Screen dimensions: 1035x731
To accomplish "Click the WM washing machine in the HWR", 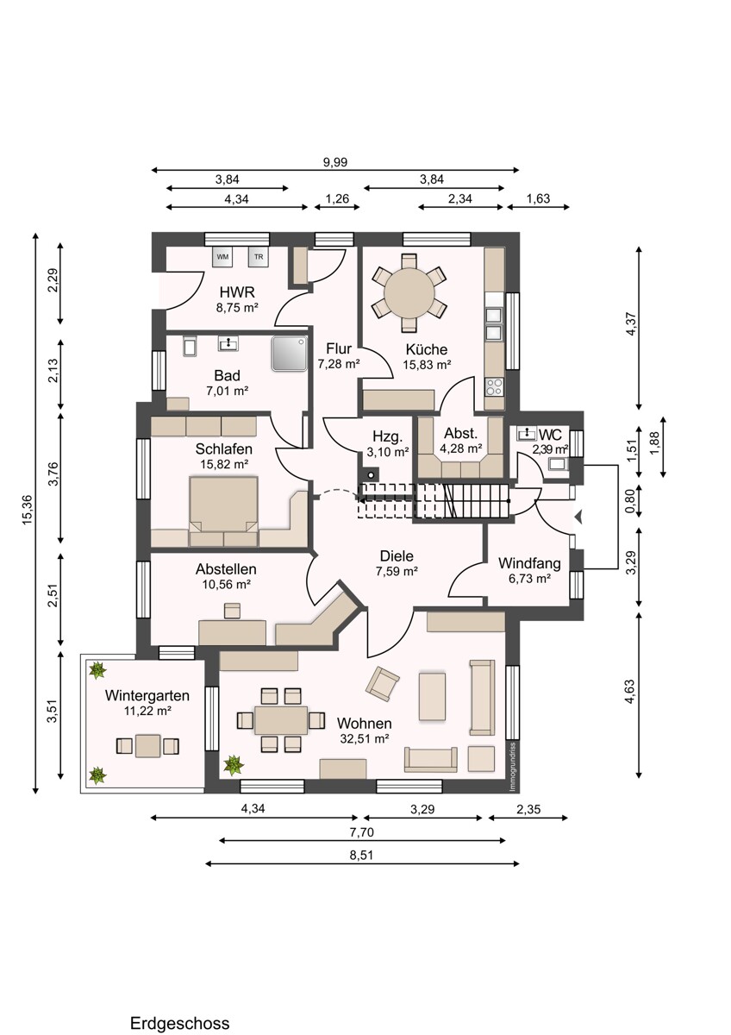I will point(222,256).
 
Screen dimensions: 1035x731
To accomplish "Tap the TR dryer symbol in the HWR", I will point(257,256).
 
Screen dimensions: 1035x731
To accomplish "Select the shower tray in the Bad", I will point(290,354).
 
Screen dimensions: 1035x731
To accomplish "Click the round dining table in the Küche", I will point(410,293).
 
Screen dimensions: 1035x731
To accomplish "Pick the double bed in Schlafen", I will point(224,511).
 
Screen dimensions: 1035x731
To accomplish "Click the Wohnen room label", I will point(365,724).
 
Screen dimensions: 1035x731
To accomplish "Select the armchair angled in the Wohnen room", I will point(382,684).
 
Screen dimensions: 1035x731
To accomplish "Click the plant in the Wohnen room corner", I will point(233,764).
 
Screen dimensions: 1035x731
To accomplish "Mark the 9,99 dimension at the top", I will point(334,161).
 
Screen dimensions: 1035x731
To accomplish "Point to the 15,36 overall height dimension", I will point(27,510).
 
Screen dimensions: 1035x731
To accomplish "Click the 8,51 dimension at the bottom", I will point(363,855).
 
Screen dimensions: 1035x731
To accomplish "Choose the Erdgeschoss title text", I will point(180,1024).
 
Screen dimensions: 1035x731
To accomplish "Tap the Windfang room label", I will point(529,563).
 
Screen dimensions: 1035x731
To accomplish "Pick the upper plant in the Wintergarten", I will point(97,669).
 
